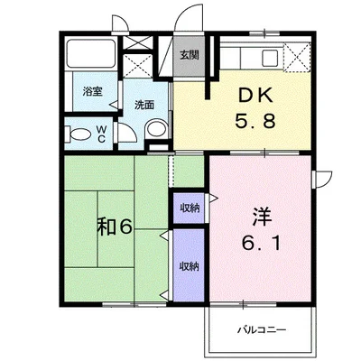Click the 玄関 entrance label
pos(190,55)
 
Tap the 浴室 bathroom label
pos(93,91)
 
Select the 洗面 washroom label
pos(144,105)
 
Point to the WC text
pos(101,134)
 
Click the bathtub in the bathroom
pos(91,53)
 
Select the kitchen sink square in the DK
pos(270,57)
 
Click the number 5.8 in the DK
pos(255,122)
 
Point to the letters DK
pos(255,96)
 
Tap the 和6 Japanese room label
pos(115,227)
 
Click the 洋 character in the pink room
pos(262,217)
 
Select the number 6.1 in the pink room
pos(261,243)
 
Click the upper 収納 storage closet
pos(189,208)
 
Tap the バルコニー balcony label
pos(262,330)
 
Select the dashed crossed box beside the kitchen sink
pos(297,57)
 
